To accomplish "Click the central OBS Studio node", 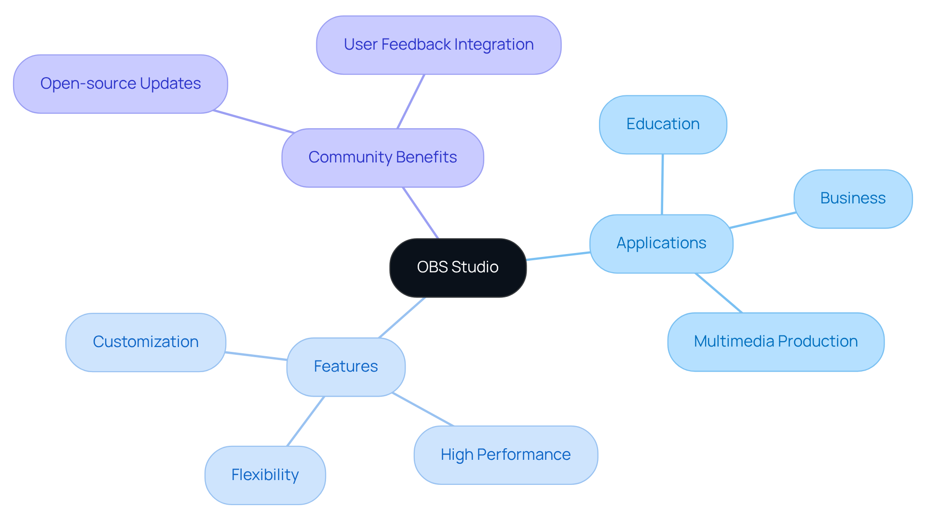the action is pos(458,268).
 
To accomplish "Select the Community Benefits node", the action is pos(382,158).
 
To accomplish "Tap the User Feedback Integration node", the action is pos(438,45).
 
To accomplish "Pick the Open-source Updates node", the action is pos(121,84).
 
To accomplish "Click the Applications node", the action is pos(661,243).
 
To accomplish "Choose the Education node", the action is pos(663,124).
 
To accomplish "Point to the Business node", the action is pos(853,199).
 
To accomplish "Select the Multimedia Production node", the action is pos(776,342).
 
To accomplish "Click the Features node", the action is pos(346,367).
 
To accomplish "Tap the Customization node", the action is pos(146,342).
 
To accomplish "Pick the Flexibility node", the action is pos(265,475).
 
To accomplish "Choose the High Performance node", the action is pos(505,455).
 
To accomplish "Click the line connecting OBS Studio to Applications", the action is pos(558,256).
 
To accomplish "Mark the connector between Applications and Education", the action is pos(662,184).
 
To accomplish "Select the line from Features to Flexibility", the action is pos(305,421).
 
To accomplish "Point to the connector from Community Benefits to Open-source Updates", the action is pos(254,121).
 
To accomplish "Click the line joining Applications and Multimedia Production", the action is pos(719,293).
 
